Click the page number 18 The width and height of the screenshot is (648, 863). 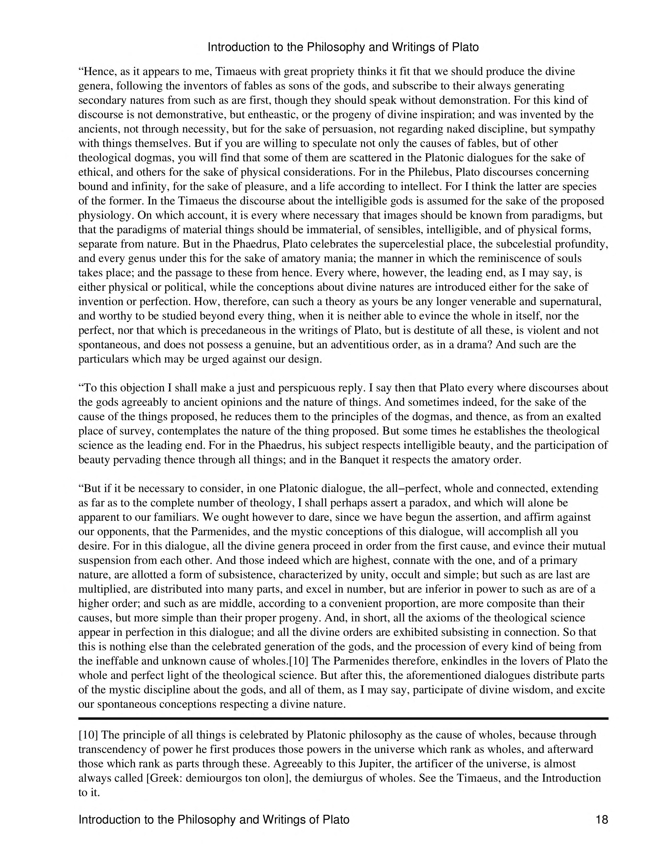pos(601,819)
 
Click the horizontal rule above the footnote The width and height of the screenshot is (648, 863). pos(343,718)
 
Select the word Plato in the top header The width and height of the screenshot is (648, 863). pos(465,47)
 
